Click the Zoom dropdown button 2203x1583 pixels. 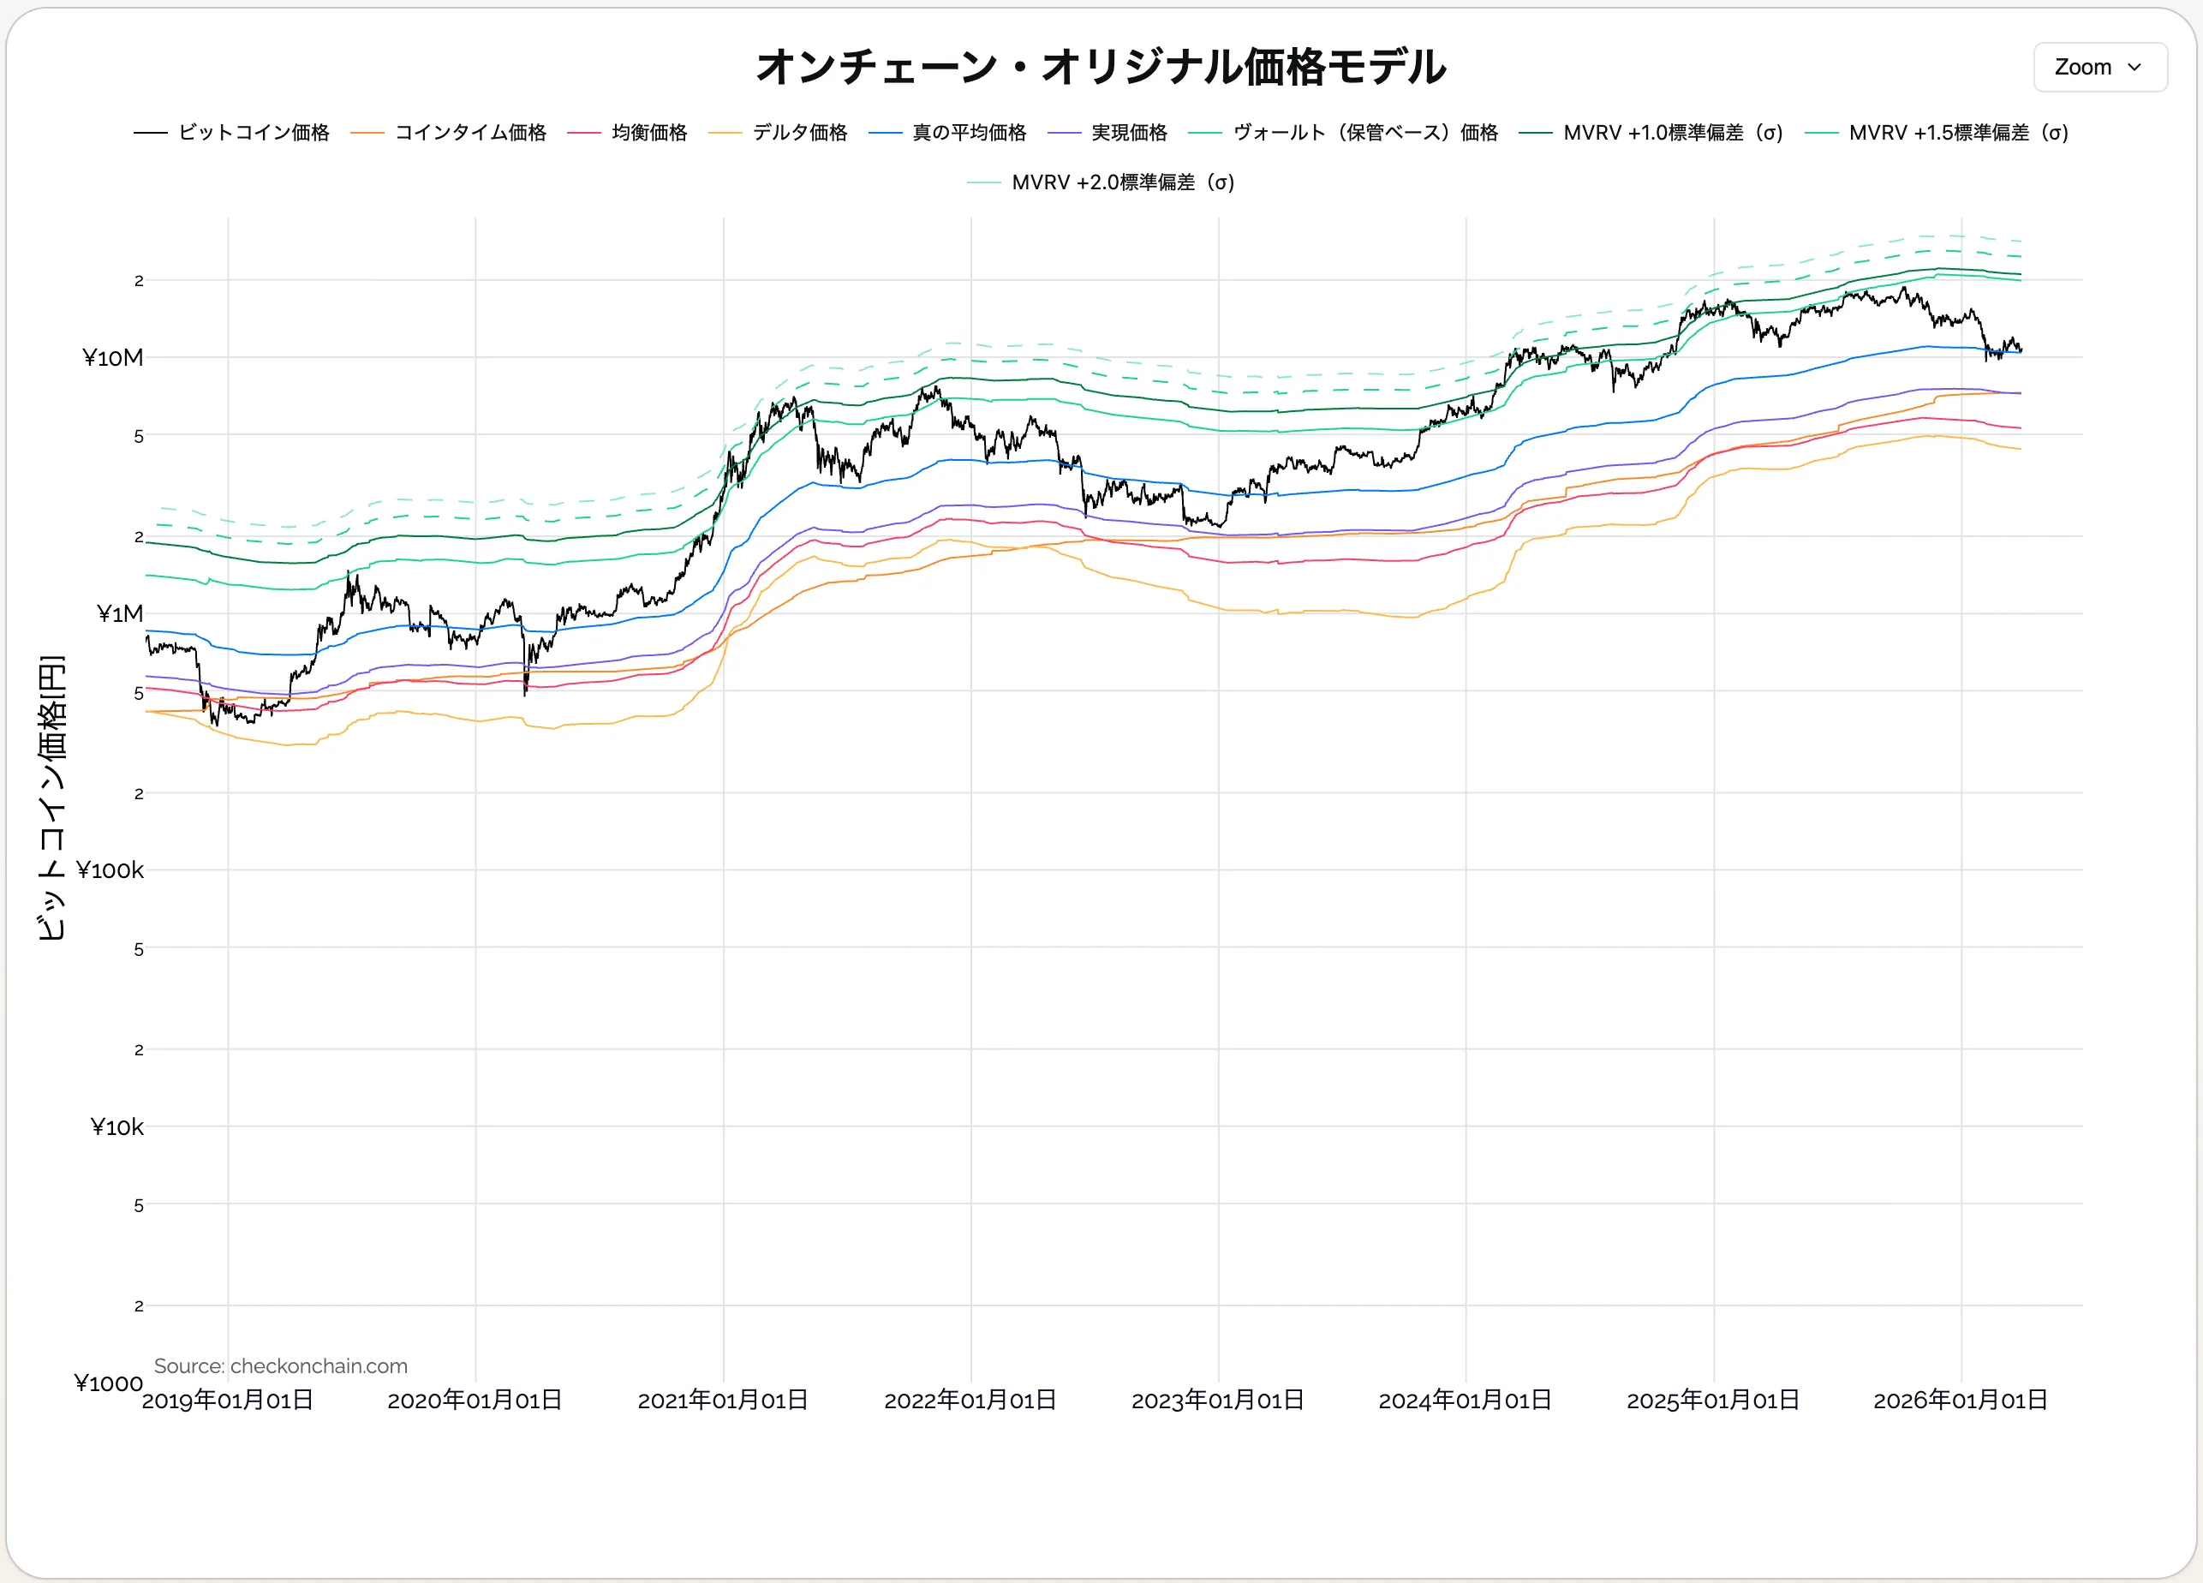(2099, 67)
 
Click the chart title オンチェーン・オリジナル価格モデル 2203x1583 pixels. (1101, 67)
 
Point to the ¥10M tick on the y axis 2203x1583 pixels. (113, 358)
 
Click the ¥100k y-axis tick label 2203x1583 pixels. (110, 870)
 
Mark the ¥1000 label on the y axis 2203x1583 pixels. (108, 1383)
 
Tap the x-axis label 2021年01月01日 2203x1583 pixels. (723, 1401)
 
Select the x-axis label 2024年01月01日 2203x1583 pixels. (1465, 1401)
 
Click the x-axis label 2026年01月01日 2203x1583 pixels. (1960, 1401)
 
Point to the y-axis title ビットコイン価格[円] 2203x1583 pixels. (51, 797)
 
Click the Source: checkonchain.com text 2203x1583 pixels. (280, 1365)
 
